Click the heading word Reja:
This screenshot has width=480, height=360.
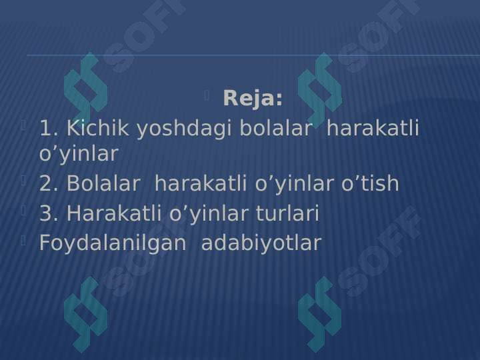pos(253,99)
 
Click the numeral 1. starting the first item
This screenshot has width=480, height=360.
pos(49,128)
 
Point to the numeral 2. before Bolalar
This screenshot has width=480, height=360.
pos(49,183)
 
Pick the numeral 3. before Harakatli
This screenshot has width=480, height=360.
pos(49,214)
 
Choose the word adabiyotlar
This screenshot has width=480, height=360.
pos(261,243)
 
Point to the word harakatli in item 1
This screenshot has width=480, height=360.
pos(373,128)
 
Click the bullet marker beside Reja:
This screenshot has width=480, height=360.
pos(207,96)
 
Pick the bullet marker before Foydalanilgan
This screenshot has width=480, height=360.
pos(23,240)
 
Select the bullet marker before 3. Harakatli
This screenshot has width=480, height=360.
pos(23,211)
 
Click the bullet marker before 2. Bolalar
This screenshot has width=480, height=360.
pos(23,180)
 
